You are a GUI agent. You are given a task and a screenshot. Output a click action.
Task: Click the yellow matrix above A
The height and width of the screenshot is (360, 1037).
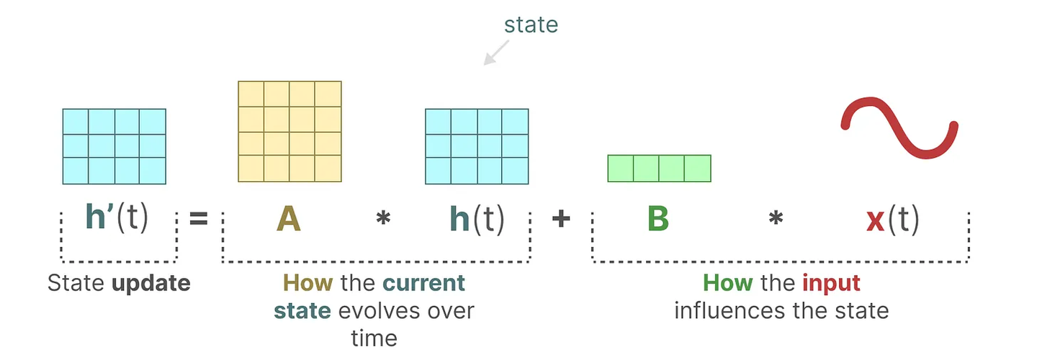(289, 131)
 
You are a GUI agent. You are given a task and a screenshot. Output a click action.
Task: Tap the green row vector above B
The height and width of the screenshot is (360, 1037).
(659, 168)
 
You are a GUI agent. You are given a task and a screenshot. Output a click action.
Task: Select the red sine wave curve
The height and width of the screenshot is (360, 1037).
(900, 130)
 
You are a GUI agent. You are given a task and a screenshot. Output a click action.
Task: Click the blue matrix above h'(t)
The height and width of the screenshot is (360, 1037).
(114, 146)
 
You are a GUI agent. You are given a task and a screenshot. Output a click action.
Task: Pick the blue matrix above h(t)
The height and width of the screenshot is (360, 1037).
(477, 146)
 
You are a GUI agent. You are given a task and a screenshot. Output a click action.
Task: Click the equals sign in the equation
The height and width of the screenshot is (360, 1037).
(198, 218)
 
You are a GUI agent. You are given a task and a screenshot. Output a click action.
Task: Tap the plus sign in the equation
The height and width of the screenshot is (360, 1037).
(561, 218)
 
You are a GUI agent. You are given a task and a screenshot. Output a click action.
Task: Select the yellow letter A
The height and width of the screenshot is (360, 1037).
(288, 219)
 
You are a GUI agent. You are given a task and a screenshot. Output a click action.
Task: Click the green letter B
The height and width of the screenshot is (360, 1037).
(657, 219)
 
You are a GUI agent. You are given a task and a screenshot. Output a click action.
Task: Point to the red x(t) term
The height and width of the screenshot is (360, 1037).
(892, 219)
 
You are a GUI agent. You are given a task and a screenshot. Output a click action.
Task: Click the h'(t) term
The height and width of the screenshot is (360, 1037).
(116, 218)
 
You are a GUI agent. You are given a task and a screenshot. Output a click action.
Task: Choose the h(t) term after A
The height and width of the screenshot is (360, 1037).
(477, 218)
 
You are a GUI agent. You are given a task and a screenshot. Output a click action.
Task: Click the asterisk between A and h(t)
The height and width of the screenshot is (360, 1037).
(383, 220)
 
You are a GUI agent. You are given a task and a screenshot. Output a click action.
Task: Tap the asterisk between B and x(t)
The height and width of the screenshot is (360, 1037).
(775, 220)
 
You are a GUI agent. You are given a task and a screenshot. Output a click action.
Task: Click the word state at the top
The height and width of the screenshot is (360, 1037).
(531, 24)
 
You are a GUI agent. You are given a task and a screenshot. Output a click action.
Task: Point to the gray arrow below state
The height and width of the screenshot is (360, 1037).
(495, 53)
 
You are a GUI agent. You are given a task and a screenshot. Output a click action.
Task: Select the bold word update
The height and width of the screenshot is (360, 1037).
(151, 283)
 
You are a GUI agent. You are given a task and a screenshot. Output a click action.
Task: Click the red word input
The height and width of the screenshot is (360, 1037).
(831, 283)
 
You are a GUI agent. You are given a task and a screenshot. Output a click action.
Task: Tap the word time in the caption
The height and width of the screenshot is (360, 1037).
(374, 338)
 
